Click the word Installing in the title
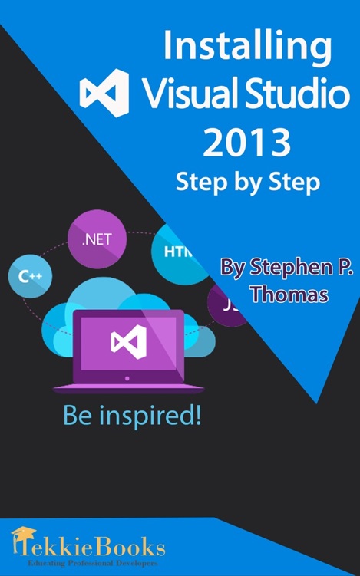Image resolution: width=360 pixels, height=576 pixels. pyautogui.click(x=248, y=51)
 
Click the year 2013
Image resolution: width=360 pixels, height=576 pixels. pyautogui.click(x=246, y=142)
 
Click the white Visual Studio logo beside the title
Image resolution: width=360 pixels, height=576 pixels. pyautogui.click(x=105, y=93)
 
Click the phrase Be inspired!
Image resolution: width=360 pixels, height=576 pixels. pyautogui.click(x=132, y=417)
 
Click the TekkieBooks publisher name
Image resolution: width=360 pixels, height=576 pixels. pyautogui.click(x=96, y=547)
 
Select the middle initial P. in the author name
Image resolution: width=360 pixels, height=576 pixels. pyautogui.click(x=338, y=268)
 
